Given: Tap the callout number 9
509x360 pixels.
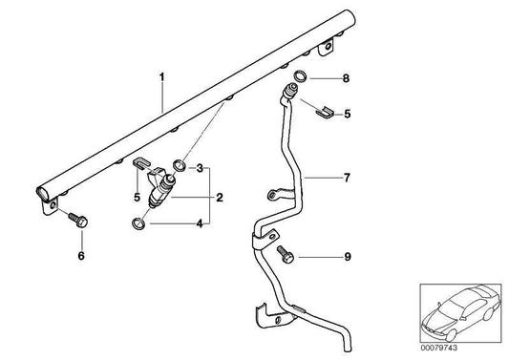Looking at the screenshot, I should pyautogui.click(x=349, y=256).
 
